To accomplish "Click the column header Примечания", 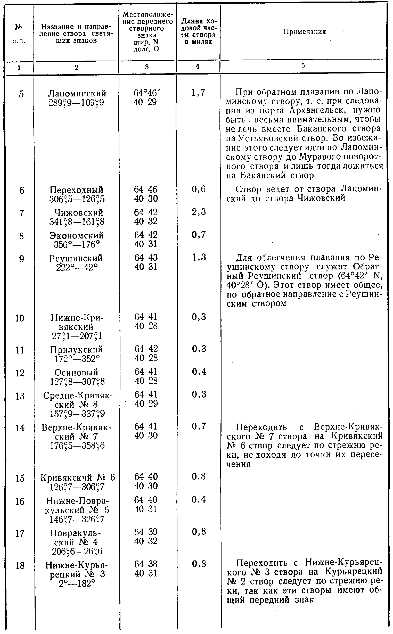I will [x=305, y=32].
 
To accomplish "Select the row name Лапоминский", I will [x=77, y=94].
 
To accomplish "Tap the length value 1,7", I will [x=198, y=93].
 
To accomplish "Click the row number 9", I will [x=21, y=259].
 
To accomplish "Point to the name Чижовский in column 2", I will [x=77, y=213].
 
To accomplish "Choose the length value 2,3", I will [x=199, y=212].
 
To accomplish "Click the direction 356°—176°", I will [x=77, y=244].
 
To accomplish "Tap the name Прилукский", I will [x=77, y=350].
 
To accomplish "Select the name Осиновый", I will [x=76, y=373].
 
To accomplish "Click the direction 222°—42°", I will [x=77, y=267].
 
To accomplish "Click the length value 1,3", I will [x=199, y=257].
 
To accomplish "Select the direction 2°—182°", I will [x=77, y=583].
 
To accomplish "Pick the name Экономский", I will [x=77, y=236].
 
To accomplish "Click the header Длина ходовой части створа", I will [x=199, y=31].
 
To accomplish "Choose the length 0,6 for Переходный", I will [x=199, y=189].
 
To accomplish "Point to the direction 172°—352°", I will [x=77, y=359].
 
